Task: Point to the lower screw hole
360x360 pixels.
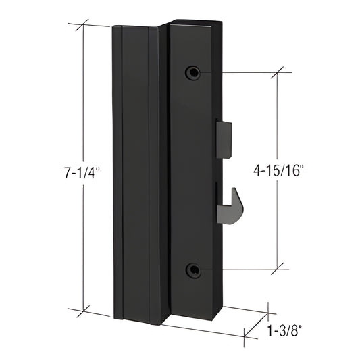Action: [194, 269]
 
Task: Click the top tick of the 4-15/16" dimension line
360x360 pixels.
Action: [277, 72]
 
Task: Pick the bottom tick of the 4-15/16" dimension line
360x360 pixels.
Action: [277, 269]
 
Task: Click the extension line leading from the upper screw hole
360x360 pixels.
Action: [243, 72]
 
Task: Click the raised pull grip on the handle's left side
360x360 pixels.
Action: [132, 169]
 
